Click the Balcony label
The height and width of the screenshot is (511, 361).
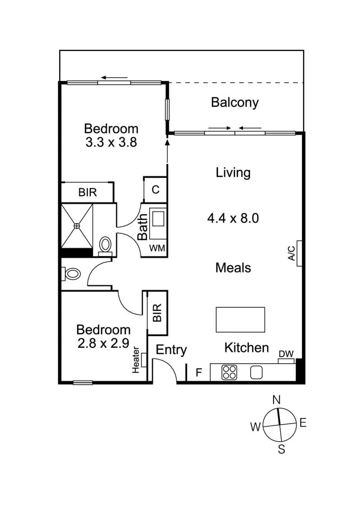coord(235,102)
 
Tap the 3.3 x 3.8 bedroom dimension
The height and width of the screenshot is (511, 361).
coord(111,142)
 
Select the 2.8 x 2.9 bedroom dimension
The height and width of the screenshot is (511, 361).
coord(103,343)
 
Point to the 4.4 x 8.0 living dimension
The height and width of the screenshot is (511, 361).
coord(233,218)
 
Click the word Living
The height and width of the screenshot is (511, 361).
coord(233,173)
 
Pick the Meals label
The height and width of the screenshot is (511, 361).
coord(233,268)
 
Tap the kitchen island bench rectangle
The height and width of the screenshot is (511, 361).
coord(240,320)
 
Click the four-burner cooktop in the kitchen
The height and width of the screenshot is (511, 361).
coord(230,372)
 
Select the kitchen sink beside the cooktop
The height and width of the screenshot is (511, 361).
coord(256,372)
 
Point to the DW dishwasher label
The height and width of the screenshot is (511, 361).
coord(286,354)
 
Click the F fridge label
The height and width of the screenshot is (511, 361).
coord(199,372)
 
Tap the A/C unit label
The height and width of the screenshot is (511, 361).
coord(292,253)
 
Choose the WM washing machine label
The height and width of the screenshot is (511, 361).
coord(157,248)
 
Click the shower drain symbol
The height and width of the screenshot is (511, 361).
coord(77,225)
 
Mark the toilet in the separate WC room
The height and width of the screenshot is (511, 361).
coord(71,274)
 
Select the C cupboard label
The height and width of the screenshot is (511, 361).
coord(156,190)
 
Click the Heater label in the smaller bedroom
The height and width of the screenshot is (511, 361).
coord(136,360)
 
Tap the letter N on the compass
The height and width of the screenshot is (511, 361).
coord(276,399)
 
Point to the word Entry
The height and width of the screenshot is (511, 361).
coord(171,350)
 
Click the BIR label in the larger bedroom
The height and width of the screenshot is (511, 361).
coord(88,192)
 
